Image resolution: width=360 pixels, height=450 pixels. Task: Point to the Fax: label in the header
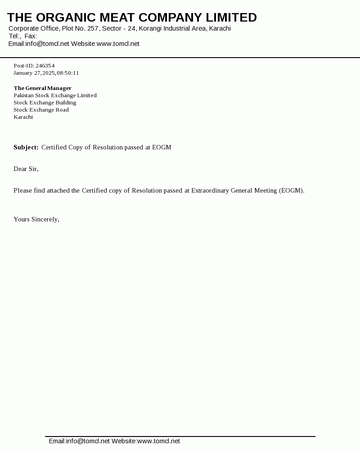[31, 36]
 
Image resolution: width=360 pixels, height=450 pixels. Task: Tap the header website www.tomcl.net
[118, 44]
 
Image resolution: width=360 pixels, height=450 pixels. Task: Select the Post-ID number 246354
[45, 66]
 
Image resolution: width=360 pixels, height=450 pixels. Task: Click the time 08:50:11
[68, 73]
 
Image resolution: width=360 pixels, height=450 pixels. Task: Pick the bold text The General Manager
[42, 88]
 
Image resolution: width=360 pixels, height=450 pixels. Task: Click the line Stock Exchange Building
[45, 103]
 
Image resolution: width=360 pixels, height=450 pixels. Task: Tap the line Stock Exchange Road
[41, 110]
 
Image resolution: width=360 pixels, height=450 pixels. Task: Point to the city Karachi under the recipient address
[23, 117]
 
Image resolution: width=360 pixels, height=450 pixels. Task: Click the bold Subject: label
[26, 147]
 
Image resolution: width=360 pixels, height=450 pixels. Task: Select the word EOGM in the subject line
[162, 147]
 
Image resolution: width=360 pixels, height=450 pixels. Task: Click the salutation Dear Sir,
[26, 169]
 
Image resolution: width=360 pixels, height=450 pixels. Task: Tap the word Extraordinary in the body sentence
[210, 190]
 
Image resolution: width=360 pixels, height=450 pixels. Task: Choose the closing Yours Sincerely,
[36, 219]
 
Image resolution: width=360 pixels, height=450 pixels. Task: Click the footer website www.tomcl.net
[158, 441]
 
